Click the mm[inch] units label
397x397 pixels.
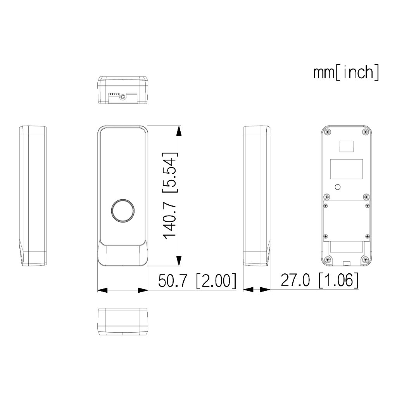(x=346, y=72)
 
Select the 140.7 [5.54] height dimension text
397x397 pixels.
(x=170, y=196)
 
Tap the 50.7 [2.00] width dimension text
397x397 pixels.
(x=197, y=281)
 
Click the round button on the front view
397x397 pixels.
(x=123, y=211)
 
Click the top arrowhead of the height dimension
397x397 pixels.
(x=179, y=131)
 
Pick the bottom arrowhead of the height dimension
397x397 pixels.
(x=179, y=261)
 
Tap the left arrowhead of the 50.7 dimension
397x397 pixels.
(x=102, y=290)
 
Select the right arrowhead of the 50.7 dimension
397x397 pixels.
(x=143, y=290)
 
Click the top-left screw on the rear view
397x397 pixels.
(x=328, y=132)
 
